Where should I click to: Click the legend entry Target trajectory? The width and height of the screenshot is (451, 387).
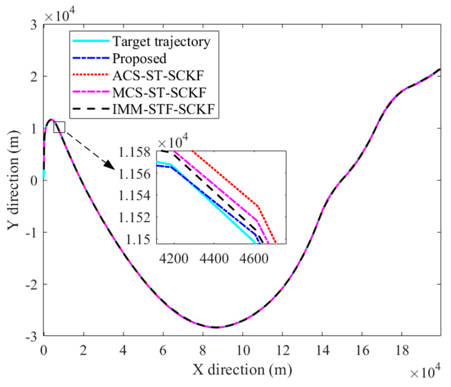coord(161,42)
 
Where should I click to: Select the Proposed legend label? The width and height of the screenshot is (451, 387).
coord(139,59)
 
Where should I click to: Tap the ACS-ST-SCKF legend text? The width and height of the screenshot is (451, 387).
coord(158,76)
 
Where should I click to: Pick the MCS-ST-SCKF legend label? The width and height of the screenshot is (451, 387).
coord(159,93)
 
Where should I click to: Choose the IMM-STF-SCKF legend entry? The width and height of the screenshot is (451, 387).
coord(164,109)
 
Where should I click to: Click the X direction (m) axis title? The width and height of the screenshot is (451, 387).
coord(242,370)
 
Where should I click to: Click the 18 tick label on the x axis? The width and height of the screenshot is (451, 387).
coord(401,351)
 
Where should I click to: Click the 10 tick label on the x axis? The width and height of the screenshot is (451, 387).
coord(243,351)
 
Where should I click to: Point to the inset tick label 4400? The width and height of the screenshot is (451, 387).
coord(214,258)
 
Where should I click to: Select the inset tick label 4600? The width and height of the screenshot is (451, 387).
coord(254,258)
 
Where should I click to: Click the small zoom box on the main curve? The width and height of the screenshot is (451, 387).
coord(59,127)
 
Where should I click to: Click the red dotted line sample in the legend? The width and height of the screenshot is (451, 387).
coord(91,75)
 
